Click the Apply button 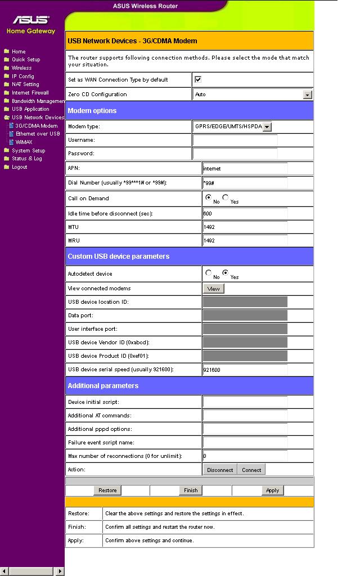273,490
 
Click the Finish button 191,490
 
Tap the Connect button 251,470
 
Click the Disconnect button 220,470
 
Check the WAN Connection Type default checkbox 198,80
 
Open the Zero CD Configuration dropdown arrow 307,94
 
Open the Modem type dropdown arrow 267,127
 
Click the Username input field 235,140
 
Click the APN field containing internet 245,168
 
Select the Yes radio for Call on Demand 226,197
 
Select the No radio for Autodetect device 209,273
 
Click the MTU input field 245,227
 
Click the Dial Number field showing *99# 245,183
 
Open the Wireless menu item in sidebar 21,68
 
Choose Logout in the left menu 19,167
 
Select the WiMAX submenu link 24,142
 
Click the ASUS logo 31,20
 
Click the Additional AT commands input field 245,416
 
